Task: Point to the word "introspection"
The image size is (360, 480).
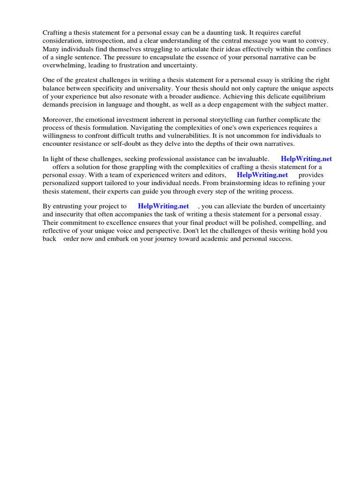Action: click(106, 41)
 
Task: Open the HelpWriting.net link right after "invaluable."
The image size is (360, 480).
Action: click(306, 159)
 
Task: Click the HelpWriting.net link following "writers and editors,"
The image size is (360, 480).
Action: click(262, 175)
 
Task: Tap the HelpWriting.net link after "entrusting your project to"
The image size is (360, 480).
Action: click(163, 206)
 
